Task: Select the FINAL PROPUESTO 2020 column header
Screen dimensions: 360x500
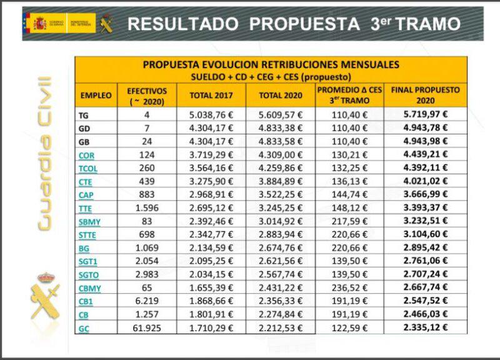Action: (x=425, y=95)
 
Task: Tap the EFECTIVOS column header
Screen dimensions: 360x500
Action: (x=146, y=95)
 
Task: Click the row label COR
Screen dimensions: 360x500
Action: (x=87, y=155)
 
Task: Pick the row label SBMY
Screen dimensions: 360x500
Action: (x=90, y=222)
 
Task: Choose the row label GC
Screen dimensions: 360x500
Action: (x=84, y=328)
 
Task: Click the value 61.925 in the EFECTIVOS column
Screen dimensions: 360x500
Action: (x=146, y=328)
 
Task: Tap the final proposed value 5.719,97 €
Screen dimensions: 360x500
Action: (x=425, y=115)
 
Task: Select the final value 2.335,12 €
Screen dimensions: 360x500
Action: (x=425, y=328)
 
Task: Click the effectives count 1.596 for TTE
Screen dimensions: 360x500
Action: (x=146, y=208)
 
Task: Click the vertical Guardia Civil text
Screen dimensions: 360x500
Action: (x=44, y=153)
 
